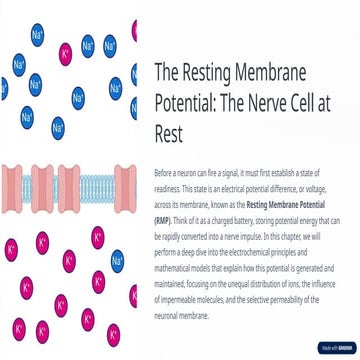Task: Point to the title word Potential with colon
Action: (x=187, y=103)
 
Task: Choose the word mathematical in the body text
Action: (x=176, y=261)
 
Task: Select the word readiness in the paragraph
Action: (x=167, y=187)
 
